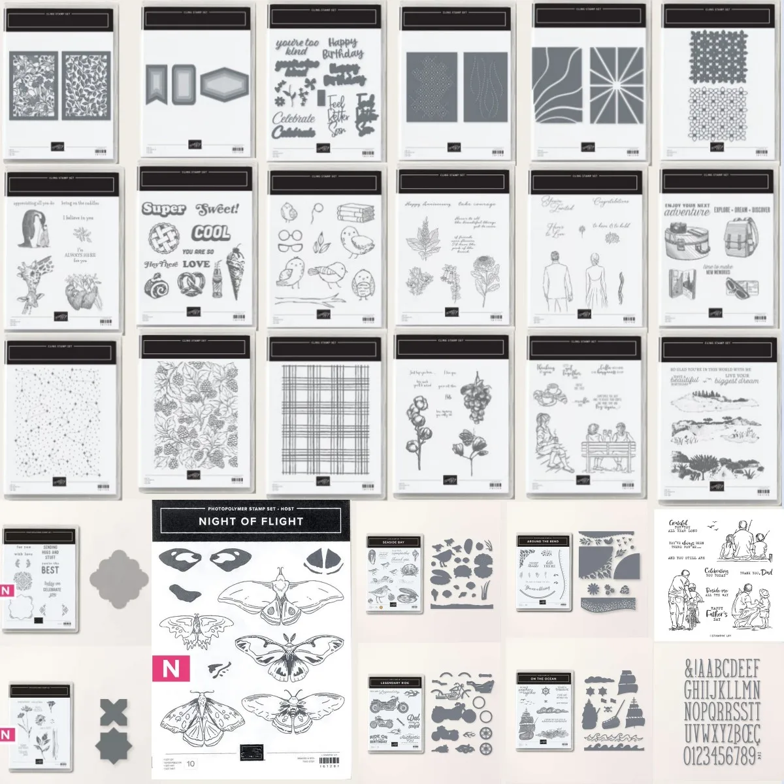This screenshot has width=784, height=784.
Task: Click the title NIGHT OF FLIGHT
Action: tap(251, 521)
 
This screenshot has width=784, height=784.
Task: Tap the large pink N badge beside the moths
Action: tap(171, 668)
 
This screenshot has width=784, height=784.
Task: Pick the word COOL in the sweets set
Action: tap(211, 233)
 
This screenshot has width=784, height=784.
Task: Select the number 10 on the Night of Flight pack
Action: tap(191, 763)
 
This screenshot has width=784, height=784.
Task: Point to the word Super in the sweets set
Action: tap(163, 209)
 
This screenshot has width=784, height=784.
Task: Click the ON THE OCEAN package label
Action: tap(543, 679)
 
